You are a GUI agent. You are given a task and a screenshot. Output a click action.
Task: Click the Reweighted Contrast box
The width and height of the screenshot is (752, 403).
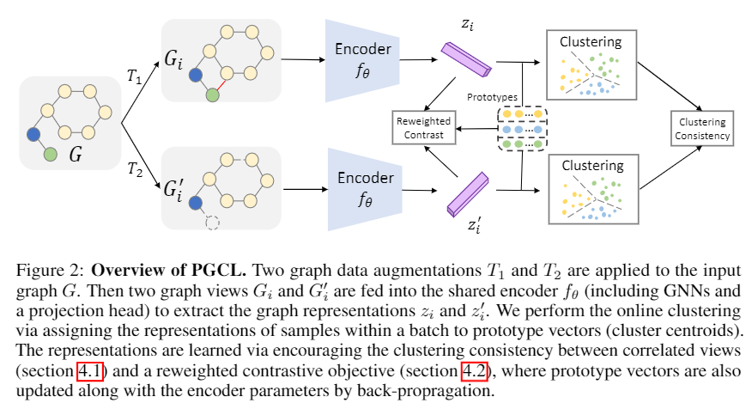point(423,128)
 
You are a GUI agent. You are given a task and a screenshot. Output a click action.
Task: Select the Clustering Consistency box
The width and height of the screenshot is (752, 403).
point(702,129)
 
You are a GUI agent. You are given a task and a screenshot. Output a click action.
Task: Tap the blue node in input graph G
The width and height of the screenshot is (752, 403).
point(33,135)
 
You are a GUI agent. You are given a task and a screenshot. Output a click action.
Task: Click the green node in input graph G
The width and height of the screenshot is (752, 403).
point(51,155)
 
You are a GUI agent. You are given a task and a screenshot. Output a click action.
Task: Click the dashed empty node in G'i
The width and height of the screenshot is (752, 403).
point(212,223)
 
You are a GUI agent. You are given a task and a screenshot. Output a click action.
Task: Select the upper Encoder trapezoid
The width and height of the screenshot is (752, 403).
point(362,60)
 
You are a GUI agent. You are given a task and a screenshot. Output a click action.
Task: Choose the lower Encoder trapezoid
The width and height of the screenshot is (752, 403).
point(365,189)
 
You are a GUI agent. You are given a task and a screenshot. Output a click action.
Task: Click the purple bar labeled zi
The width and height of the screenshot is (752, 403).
point(467,59)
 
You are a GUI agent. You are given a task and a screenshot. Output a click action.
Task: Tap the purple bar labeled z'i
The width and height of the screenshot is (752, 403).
point(468,194)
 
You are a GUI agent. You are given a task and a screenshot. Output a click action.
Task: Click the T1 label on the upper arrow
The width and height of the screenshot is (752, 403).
point(135,76)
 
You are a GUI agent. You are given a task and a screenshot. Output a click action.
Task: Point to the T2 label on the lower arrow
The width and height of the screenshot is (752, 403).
point(136,169)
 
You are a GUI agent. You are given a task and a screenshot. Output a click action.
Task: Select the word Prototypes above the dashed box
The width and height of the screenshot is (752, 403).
point(493,97)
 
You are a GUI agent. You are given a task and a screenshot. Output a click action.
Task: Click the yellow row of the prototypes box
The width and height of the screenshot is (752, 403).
point(522,114)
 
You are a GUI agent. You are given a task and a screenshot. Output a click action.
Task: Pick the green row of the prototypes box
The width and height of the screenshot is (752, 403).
point(522,144)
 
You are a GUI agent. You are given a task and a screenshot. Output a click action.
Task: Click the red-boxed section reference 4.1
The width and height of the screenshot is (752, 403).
point(91,371)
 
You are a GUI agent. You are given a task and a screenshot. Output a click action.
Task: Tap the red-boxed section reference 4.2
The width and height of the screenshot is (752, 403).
point(475,371)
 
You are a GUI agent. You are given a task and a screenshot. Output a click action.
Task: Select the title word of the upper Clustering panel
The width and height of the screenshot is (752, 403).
point(591,42)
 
